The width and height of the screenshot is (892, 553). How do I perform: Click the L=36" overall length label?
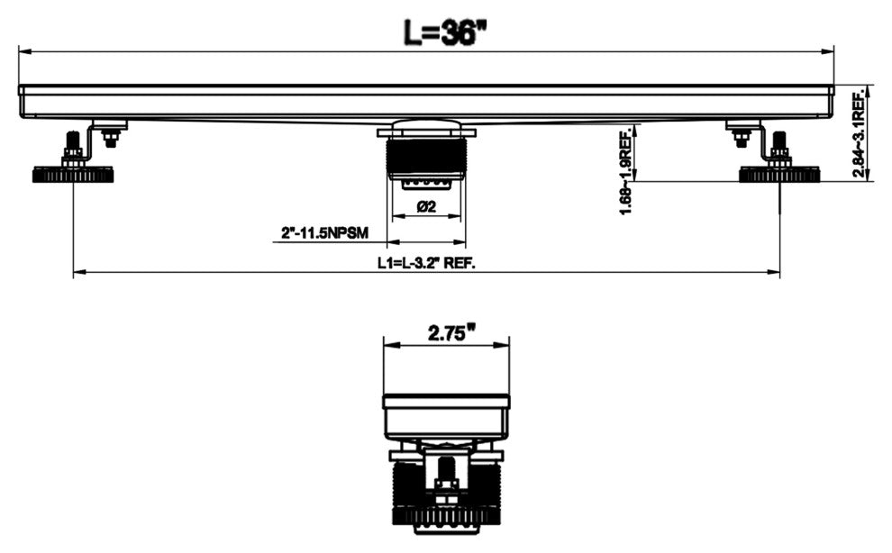coord(445,32)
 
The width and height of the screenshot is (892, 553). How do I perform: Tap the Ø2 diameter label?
coord(426,206)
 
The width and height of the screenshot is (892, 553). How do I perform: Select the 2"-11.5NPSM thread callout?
coord(325,232)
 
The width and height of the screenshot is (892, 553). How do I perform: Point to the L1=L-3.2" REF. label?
coord(427,263)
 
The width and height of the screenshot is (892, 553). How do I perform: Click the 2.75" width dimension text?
coord(451,332)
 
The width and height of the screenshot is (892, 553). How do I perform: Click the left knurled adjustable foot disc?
coord(73,175)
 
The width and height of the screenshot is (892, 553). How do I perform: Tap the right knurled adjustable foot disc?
coord(779,175)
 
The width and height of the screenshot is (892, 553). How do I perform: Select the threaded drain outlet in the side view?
coord(426,157)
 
